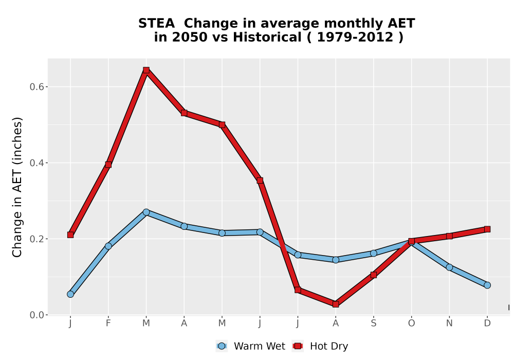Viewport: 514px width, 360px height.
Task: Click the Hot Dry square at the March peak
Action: tap(146, 70)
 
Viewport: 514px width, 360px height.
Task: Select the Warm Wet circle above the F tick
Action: tap(108, 246)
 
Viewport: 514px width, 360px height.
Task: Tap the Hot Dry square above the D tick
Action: tap(487, 229)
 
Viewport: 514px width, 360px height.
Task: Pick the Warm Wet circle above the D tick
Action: tap(487, 285)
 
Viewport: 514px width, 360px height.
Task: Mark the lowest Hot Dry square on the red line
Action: tap(336, 304)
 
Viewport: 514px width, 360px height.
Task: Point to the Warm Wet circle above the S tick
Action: tap(373, 253)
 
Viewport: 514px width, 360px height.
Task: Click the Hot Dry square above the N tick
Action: tap(449, 236)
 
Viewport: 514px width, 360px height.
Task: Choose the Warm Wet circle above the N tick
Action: tap(449, 267)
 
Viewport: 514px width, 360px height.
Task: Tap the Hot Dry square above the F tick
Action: tap(108, 165)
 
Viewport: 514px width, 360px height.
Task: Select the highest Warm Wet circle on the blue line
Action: tap(146, 212)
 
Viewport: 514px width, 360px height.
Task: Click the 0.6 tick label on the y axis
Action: tap(36, 87)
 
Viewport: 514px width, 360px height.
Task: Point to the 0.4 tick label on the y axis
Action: tap(36, 163)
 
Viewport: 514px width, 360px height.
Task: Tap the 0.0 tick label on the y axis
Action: tap(36, 315)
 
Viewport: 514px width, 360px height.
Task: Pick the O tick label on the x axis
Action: tap(411, 323)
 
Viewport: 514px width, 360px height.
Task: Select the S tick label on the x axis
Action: tap(373, 323)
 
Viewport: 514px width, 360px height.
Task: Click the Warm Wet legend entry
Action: tap(250, 346)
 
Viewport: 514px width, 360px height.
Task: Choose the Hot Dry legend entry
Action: tap(320, 346)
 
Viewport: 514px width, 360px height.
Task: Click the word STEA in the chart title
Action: tap(156, 24)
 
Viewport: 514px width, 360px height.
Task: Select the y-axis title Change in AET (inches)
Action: tap(17, 187)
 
